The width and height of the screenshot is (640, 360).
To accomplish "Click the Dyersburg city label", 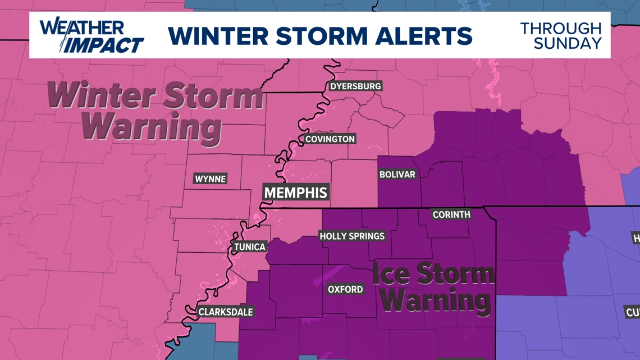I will pos(355,86).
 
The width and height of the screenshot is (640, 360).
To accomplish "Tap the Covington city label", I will pos(330,139).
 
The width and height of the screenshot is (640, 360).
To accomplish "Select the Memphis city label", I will pos(295,193).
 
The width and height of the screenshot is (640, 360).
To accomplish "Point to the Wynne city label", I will pos(210,179).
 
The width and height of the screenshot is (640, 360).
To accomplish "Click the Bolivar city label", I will pos(397,175).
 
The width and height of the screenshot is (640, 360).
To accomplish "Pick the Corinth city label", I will pos(451,215).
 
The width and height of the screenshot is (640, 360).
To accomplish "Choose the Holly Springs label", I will pos(352,236).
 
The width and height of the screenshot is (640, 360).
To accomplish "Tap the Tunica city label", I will pos(250,247).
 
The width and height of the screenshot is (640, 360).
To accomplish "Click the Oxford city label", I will pos(345,289).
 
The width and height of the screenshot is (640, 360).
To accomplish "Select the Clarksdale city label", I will pos(226,312).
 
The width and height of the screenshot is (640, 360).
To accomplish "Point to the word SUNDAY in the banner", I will pos(567,43).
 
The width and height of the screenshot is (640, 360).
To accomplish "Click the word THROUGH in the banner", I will pos(560,28).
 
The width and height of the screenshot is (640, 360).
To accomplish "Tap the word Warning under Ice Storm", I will pos(435,300).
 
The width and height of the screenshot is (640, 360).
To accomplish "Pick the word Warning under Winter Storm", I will pos(152,127).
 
